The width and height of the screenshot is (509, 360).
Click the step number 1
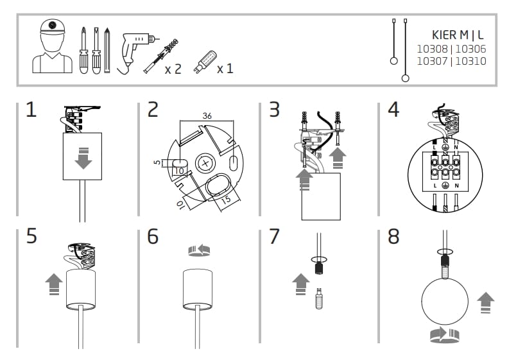click(x=31, y=110)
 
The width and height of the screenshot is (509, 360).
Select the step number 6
click(x=153, y=236)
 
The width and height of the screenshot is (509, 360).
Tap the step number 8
click(x=393, y=236)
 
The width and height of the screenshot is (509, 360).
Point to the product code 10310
click(x=471, y=62)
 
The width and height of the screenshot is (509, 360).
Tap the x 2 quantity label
click(x=173, y=68)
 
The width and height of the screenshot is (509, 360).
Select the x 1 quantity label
click(x=225, y=68)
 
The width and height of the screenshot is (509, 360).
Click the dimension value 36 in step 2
click(x=207, y=116)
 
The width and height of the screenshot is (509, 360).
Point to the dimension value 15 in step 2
click(x=225, y=200)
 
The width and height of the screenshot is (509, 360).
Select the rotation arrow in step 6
click(x=198, y=250)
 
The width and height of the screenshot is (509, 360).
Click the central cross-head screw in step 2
click(x=205, y=163)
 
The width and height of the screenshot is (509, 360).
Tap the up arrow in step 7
click(x=300, y=282)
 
